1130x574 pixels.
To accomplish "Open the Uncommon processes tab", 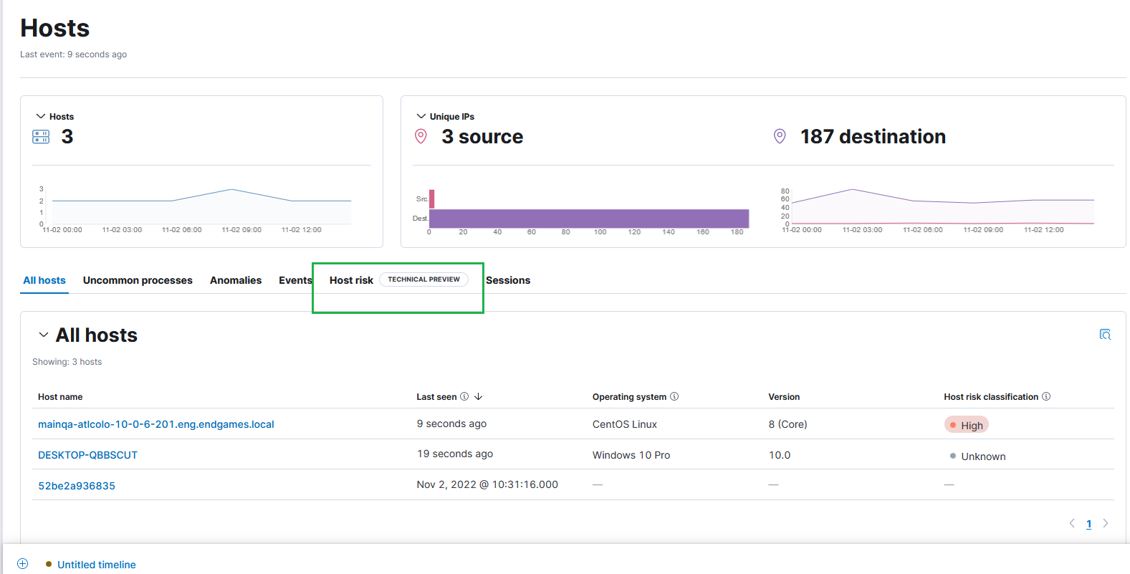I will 138,280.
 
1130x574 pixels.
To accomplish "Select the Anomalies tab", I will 236,280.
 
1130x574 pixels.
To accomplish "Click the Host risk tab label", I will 351,280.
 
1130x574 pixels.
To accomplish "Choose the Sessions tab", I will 508,280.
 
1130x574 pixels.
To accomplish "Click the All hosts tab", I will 44,280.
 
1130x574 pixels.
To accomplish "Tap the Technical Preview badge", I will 423,279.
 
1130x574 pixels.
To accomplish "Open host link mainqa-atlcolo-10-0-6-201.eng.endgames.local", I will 156,424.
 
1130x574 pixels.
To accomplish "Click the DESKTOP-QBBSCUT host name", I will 87,455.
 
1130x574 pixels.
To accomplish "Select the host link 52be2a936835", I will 77,486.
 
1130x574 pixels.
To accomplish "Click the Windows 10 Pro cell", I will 631,455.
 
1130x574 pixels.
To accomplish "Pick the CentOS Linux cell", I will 625,424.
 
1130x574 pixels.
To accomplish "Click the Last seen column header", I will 436,397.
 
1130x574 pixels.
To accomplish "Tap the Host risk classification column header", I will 991,397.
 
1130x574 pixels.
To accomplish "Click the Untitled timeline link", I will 97,565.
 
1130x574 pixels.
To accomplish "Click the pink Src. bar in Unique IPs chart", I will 431,198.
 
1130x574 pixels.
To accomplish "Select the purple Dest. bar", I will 588,219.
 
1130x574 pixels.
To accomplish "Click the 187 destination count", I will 873,137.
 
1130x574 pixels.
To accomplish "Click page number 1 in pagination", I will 1088,524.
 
